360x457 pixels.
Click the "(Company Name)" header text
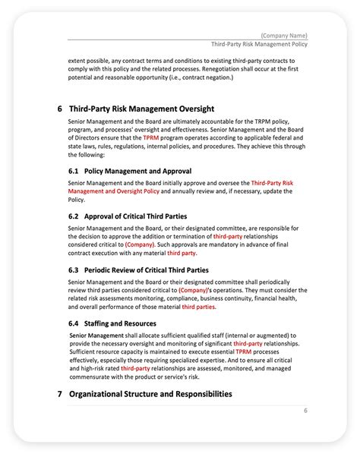(283, 36)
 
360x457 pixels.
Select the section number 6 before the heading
(59, 109)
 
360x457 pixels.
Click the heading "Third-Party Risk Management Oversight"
(141, 109)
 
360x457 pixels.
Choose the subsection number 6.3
(73, 269)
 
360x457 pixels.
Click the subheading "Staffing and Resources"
(124, 323)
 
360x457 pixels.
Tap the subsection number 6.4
(73, 323)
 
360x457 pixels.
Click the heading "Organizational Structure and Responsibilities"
(150, 394)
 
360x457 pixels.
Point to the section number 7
(59, 394)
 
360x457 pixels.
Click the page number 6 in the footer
(305, 411)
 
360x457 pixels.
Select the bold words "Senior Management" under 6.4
(97, 335)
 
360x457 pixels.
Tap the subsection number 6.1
(73, 171)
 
